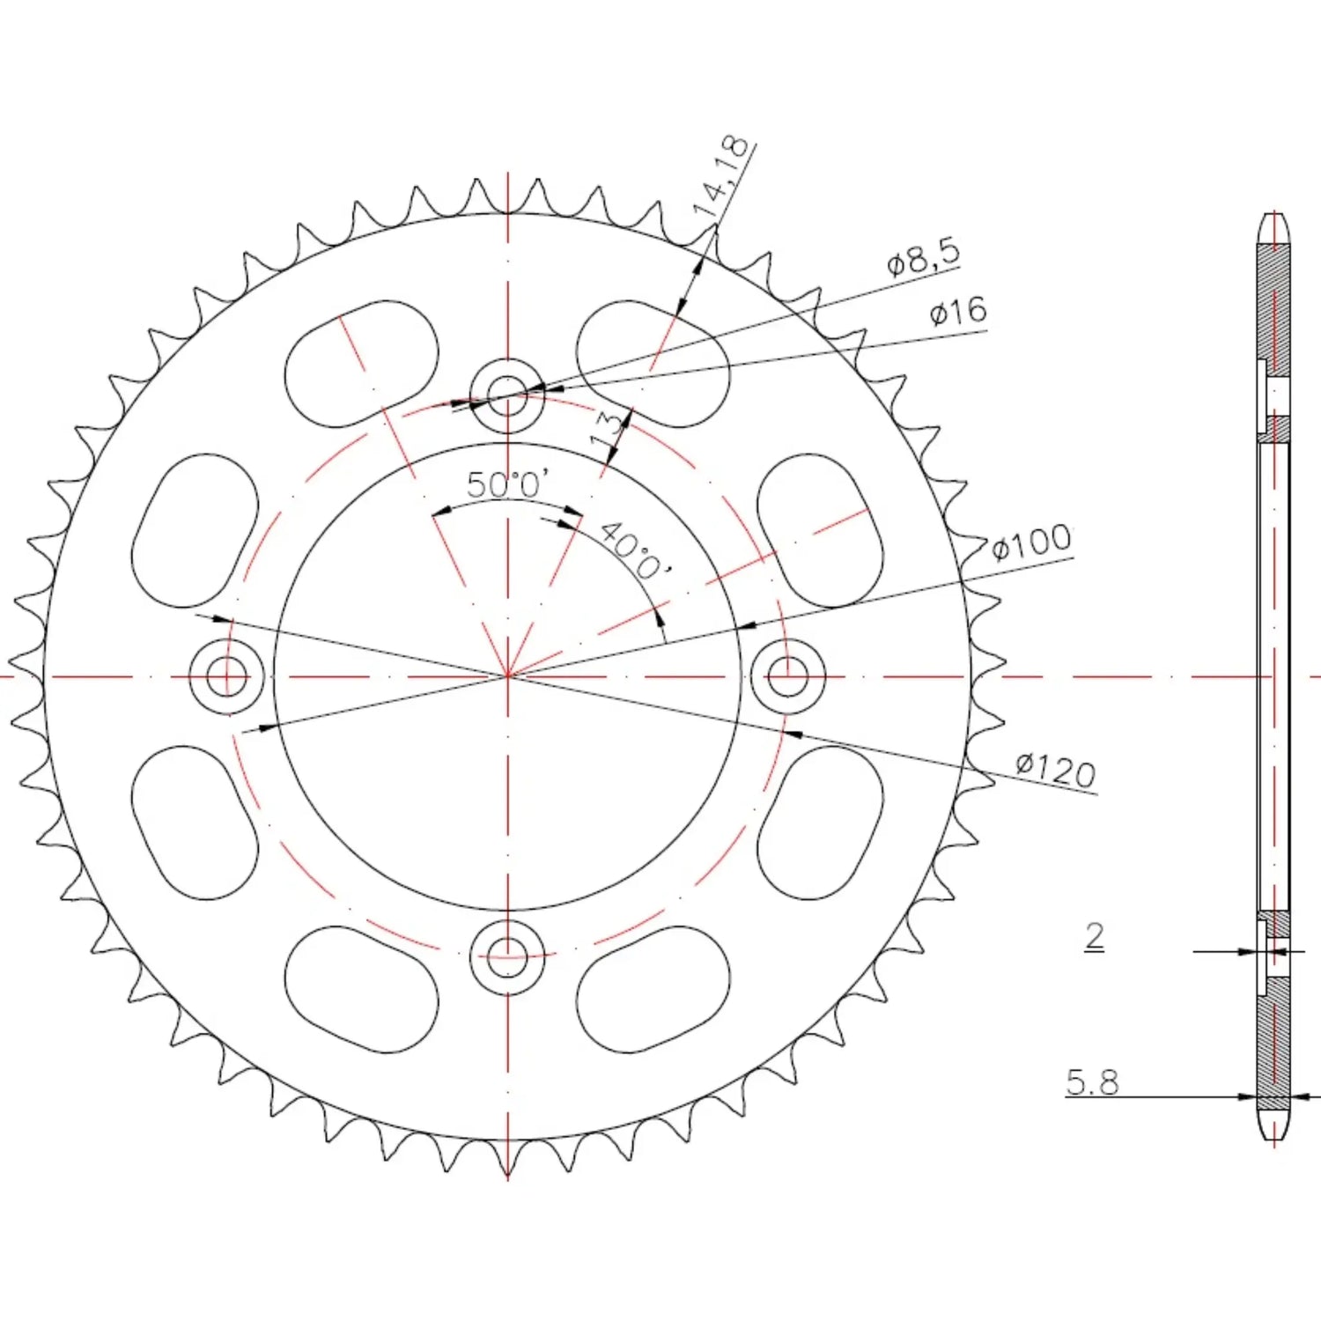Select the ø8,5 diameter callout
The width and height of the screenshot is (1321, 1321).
[923, 256]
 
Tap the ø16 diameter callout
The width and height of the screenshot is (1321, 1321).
[958, 311]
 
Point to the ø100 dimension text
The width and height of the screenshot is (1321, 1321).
[1031, 542]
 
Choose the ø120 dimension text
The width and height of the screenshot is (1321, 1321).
[1056, 769]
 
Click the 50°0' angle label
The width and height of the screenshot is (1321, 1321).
[508, 483]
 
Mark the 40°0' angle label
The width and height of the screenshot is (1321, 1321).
[635, 550]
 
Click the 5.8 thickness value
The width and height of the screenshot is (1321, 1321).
[1092, 1081]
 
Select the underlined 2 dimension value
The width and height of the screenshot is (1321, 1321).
[1094, 934]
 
